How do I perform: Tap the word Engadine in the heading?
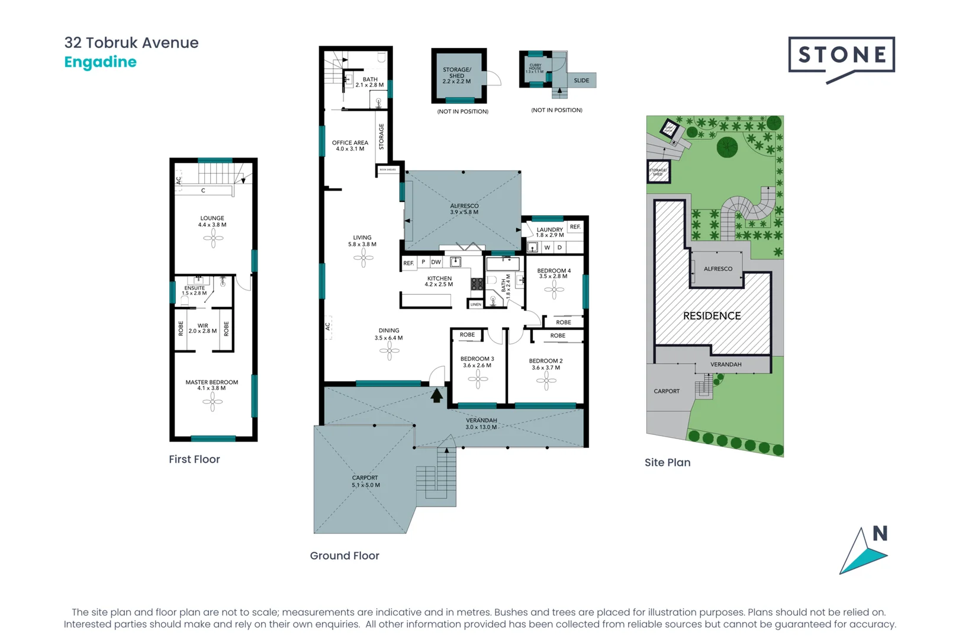coord(100,62)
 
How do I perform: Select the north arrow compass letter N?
coord(880,533)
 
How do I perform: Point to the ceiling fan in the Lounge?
coord(213,238)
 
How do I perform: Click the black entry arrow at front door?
coord(436,395)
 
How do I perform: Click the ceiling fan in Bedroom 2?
coord(546,381)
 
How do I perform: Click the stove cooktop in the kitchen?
coord(477,284)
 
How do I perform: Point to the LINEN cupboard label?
coord(476,305)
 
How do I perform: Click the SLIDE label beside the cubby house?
coord(581,81)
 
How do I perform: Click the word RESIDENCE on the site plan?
coord(712,316)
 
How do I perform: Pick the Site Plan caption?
coord(667,462)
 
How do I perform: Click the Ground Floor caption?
coord(345,555)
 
